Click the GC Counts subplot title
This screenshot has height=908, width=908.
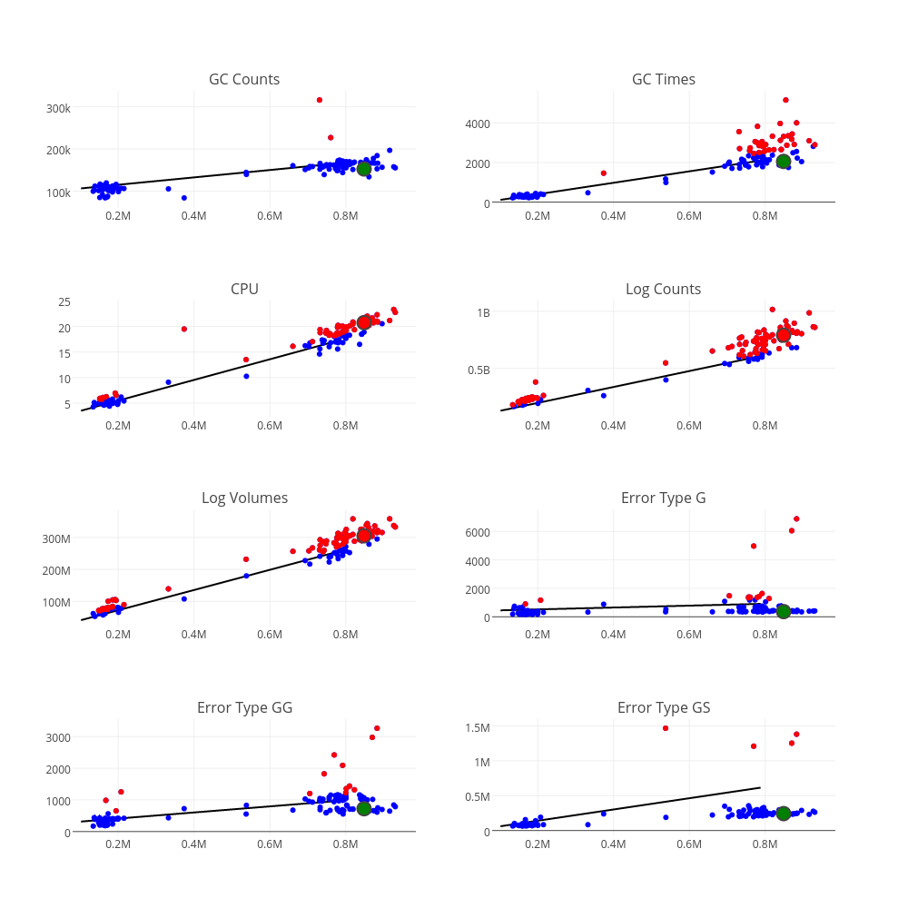pos(244,79)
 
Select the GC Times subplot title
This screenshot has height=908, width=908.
pos(664,79)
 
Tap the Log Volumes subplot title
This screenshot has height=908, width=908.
pos(244,498)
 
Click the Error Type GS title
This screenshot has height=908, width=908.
pos(664,707)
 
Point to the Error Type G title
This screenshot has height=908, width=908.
pos(664,498)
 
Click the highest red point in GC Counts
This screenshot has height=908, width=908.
pos(320,100)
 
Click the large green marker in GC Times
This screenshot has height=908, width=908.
pos(784,162)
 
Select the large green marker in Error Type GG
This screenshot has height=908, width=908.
pos(364,808)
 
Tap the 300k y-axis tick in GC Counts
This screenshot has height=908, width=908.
pos(58,108)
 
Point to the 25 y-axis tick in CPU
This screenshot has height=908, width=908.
pos(64,301)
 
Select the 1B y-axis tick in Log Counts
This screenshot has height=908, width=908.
pos(483,312)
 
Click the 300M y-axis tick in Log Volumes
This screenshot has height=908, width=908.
pos(55,538)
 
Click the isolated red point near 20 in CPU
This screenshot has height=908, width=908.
pos(184,329)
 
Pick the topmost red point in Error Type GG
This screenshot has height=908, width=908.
pos(377,728)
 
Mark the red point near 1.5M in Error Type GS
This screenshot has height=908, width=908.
pos(666,728)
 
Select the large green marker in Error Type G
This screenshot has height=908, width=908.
pos(784,611)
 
